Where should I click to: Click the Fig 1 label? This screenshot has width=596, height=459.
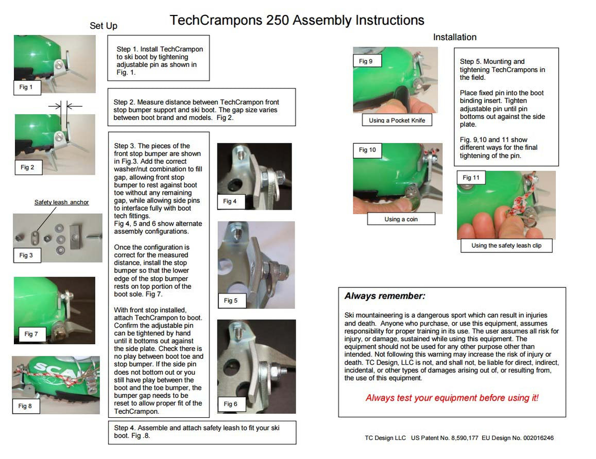coord(26,87)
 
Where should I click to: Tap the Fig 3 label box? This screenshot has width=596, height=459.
coord(26,255)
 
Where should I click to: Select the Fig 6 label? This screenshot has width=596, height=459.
coord(230,404)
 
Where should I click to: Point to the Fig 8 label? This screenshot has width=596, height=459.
coord(26,406)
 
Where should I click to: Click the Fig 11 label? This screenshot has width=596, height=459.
coord(471,178)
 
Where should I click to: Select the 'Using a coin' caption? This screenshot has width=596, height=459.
coord(401,219)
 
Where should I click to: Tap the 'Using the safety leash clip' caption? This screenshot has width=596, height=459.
coord(506,246)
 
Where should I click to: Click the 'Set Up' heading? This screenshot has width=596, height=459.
coord(104,26)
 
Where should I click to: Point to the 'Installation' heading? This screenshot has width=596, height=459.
coord(454,37)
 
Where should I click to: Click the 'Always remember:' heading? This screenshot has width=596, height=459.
coord(385,296)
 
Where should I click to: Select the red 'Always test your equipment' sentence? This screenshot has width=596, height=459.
coord(452,398)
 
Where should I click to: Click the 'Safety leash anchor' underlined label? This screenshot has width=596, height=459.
coord(61,202)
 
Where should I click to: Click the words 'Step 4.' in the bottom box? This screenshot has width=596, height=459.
coord(125,428)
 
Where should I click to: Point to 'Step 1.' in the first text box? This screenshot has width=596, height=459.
coord(127,49)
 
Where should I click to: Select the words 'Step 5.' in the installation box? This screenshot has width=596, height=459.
coord(471,62)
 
